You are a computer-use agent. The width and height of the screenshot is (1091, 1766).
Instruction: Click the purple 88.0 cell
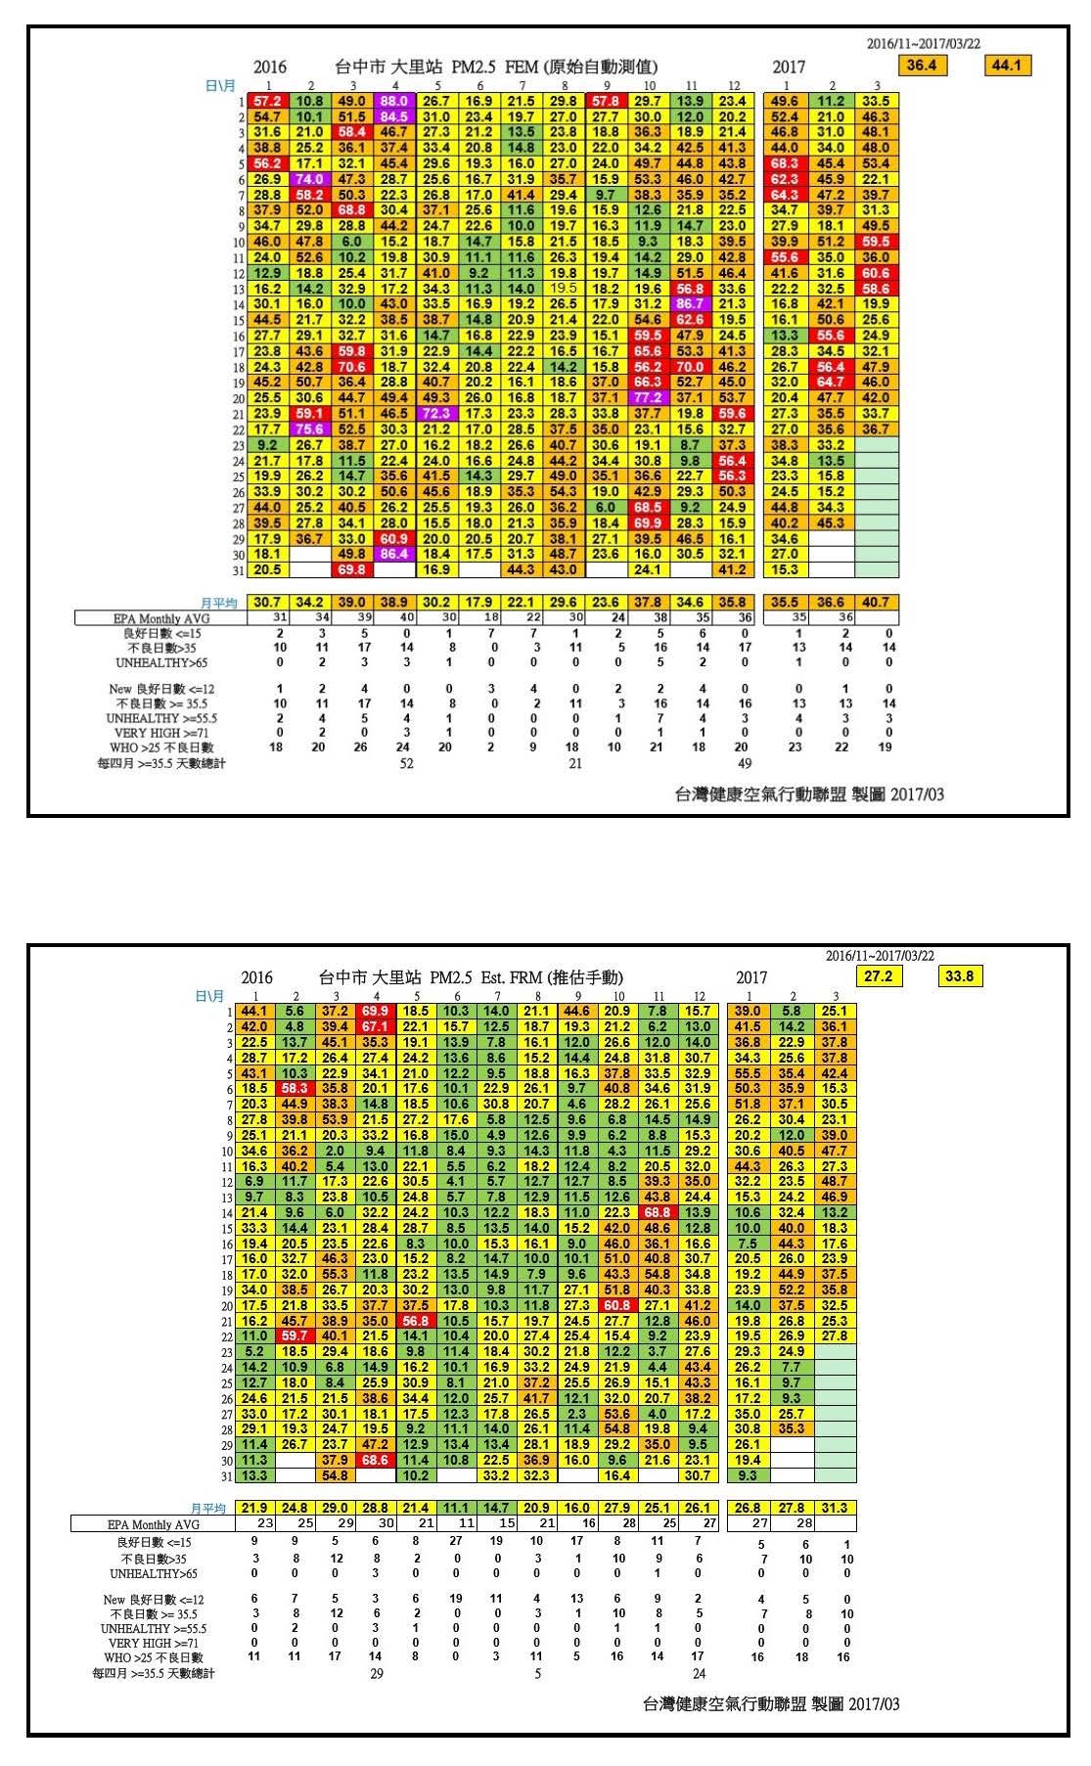pos(394,101)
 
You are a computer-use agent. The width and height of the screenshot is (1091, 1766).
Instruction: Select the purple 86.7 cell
pos(690,304)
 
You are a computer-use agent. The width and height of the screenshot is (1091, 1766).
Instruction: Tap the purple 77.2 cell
pos(648,398)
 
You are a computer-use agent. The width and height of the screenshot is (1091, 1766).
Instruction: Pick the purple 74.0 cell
pos(309,179)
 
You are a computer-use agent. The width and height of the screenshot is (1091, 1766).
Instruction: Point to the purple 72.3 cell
pos(436,414)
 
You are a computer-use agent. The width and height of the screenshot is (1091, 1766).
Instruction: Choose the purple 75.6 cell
pos(309,430)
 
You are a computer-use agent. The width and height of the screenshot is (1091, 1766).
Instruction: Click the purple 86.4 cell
pos(394,554)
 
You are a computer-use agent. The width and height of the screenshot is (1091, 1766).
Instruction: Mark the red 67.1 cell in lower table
pos(376,1026)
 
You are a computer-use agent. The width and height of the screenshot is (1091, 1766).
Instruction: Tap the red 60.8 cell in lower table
pos(617,1306)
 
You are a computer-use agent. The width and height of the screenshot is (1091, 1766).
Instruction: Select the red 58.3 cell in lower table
pos(295,1089)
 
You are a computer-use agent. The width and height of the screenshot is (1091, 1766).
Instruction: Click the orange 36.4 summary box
pos(922,66)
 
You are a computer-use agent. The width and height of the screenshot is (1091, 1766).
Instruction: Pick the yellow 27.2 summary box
pos(879,976)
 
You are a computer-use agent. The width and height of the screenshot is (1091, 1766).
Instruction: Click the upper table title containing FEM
pos(496,67)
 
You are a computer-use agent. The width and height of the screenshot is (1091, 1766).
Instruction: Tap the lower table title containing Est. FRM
pos(471,977)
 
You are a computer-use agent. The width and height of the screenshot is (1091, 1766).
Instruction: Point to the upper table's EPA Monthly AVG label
pos(161,618)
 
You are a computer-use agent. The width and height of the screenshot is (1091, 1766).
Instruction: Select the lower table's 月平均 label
pos(208,1508)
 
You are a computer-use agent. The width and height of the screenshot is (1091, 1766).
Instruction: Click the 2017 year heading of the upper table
pos(789,67)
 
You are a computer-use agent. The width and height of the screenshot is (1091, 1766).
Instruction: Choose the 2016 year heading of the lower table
pos(256,977)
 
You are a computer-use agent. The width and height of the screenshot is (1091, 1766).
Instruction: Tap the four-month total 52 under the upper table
pos(406,763)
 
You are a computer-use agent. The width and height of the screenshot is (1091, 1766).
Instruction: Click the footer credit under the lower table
pos(771,1703)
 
